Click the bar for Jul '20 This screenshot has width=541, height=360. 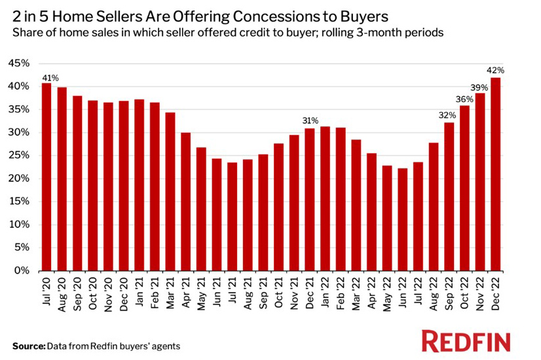point(47,177)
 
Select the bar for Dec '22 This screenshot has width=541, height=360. point(496,174)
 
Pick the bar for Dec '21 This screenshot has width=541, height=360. point(310,199)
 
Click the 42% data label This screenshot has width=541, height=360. point(496,70)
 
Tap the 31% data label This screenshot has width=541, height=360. point(310,120)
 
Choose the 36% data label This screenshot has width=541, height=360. point(464,99)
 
